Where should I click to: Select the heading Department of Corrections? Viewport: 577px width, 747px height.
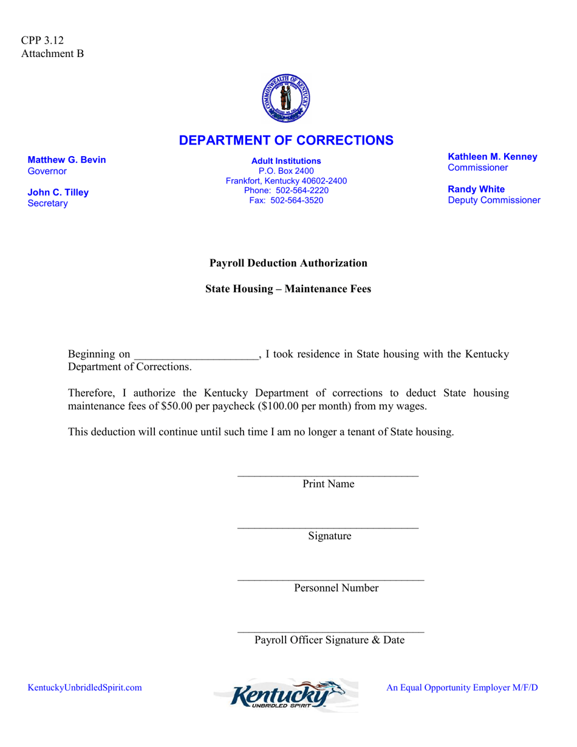(x=286, y=140)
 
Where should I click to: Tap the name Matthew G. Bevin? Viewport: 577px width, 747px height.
(x=67, y=160)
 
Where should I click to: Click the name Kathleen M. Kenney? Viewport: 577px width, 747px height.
(x=492, y=157)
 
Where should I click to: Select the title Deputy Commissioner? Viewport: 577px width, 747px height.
(x=493, y=200)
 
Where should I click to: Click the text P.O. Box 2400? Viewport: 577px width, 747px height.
(x=286, y=171)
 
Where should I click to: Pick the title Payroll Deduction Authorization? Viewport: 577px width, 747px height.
(x=288, y=263)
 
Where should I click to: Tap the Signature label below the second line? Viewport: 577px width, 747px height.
(x=329, y=536)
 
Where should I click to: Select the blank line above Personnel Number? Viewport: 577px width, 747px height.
(x=330, y=579)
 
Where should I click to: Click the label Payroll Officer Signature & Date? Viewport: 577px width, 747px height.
(x=329, y=640)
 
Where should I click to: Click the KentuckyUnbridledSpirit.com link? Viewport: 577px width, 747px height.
(x=85, y=687)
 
